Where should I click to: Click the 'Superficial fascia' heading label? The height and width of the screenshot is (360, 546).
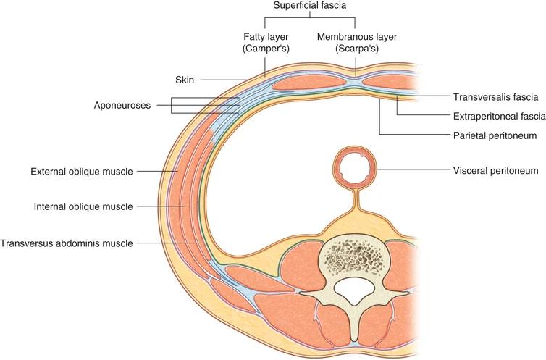pyautogui.click(x=309, y=6)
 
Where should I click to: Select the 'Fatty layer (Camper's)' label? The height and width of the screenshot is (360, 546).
pyautogui.click(x=266, y=43)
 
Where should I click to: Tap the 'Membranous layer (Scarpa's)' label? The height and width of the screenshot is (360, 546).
pyautogui.click(x=357, y=43)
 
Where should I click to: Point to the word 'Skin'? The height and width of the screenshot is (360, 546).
pyautogui.click(x=185, y=80)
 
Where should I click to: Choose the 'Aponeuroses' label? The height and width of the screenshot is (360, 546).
pyautogui.click(x=122, y=105)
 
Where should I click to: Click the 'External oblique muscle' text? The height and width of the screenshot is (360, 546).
pyautogui.click(x=82, y=171)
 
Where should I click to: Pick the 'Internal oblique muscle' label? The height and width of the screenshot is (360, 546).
pyautogui.click(x=83, y=206)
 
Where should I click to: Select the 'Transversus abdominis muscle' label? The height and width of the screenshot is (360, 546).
pyautogui.click(x=67, y=243)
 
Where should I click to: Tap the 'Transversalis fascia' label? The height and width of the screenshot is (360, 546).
pyautogui.click(x=495, y=97)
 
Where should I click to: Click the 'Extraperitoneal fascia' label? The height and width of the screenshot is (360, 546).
pyautogui.click(x=500, y=116)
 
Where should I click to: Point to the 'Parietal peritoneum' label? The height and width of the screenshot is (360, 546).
pyautogui.click(x=495, y=135)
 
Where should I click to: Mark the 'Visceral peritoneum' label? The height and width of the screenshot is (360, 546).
pyautogui.click(x=495, y=171)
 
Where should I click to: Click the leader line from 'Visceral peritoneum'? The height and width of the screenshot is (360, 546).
pyautogui.click(x=413, y=170)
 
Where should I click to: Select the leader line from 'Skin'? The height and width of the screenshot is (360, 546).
pyautogui.click(x=224, y=80)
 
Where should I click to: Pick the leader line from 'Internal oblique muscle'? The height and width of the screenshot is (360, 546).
pyautogui.click(x=161, y=206)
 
